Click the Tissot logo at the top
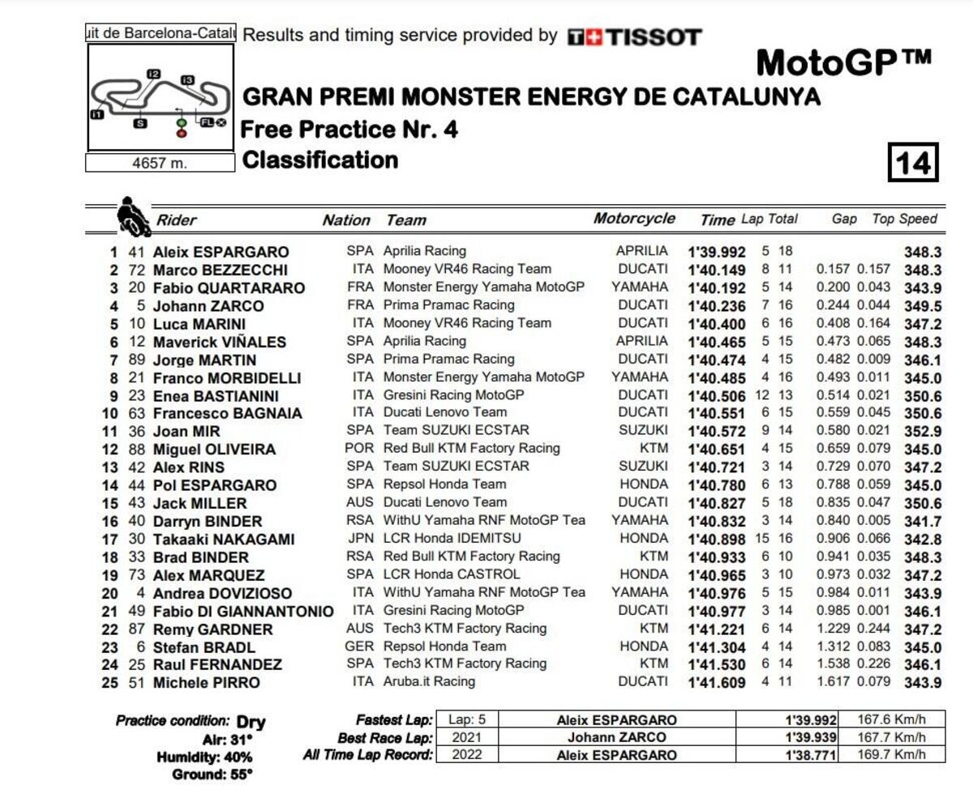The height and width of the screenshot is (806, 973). click(x=634, y=36)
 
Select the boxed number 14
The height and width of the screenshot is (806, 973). click(x=912, y=163)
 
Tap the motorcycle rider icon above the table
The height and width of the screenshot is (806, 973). click(x=132, y=215)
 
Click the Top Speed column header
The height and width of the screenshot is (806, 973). click(x=904, y=219)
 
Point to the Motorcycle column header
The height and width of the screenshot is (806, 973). click(x=634, y=219)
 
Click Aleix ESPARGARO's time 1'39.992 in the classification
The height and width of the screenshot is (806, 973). click(x=717, y=252)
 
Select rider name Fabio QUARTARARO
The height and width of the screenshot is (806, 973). click(x=229, y=288)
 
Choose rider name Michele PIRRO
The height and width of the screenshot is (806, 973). click(x=207, y=683)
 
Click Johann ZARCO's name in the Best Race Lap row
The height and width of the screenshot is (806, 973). click(x=616, y=737)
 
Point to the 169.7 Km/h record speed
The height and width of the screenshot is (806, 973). click(x=891, y=755)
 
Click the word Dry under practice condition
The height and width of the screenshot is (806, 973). click(x=251, y=722)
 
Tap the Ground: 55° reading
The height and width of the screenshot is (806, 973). click(x=212, y=775)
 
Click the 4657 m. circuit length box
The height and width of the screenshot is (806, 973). click(x=160, y=163)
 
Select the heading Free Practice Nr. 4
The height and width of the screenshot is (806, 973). click(x=349, y=129)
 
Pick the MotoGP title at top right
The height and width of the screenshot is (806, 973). click(x=843, y=62)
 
